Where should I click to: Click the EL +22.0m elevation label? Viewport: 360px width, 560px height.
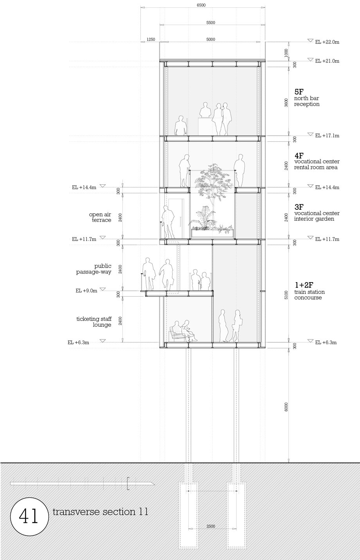(x=327, y=42)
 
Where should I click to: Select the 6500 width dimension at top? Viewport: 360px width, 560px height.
(x=201, y=5)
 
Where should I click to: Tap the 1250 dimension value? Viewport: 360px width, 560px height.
(x=151, y=39)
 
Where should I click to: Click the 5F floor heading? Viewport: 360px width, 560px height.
(x=299, y=92)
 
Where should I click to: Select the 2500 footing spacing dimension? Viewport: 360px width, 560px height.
(x=211, y=526)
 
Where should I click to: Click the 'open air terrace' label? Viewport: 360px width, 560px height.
(x=100, y=217)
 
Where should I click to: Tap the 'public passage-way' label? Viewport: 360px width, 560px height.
(x=94, y=269)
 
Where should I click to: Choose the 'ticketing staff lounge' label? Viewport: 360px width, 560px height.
(x=94, y=322)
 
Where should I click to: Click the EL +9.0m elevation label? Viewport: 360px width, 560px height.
(x=86, y=291)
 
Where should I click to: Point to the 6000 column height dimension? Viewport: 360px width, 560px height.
(x=286, y=407)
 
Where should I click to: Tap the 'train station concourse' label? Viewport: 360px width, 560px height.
(x=310, y=295)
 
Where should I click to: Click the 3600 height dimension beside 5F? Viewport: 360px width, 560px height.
(x=286, y=103)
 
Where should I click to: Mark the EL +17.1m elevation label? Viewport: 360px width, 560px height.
(x=327, y=135)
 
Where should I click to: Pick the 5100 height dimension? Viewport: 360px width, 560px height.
(x=286, y=295)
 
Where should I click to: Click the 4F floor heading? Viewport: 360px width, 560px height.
(x=299, y=155)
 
